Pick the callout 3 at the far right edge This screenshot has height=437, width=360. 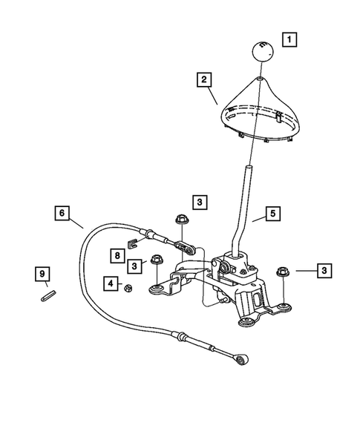coord(324,271)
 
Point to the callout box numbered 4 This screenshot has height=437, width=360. coord(111,283)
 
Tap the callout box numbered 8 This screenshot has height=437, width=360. coord(118,254)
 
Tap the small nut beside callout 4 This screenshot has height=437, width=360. coord(128,286)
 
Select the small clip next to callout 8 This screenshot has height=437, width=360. coord(134,241)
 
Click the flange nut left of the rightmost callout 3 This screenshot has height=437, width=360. coord(282,272)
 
